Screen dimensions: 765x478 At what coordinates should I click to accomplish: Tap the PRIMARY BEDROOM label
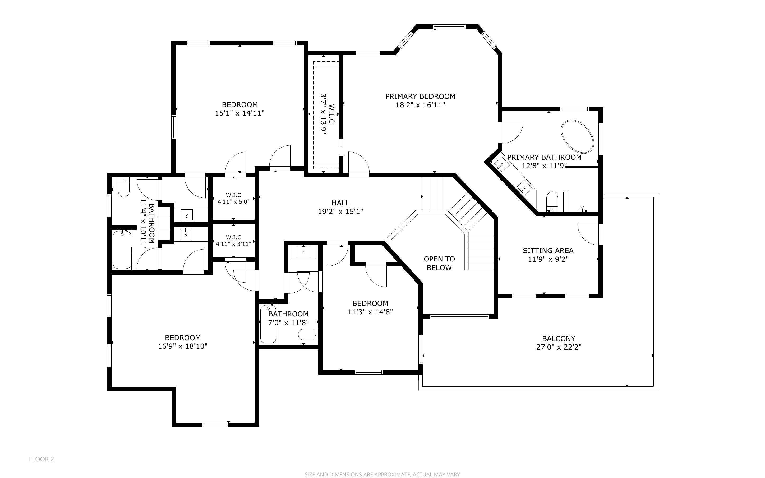(x=420, y=96)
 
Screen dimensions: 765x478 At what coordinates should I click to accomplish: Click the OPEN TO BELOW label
(x=439, y=263)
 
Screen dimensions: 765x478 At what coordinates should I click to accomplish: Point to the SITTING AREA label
(x=548, y=251)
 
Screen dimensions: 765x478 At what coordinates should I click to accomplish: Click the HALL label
(x=340, y=203)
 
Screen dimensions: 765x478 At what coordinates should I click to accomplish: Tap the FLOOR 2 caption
(x=42, y=459)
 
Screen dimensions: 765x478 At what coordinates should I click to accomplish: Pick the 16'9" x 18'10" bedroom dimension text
(x=183, y=346)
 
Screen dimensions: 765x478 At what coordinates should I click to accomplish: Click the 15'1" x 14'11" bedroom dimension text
(x=239, y=113)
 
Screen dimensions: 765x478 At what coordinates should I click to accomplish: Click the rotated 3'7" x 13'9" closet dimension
(x=323, y=114)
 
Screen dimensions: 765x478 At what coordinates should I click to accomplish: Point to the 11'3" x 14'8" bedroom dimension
(x=370, y=312)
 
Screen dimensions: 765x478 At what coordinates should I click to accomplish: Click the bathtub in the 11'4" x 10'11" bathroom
(x=122, y=250)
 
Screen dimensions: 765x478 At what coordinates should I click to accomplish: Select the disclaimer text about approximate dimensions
(x=382, y=474)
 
